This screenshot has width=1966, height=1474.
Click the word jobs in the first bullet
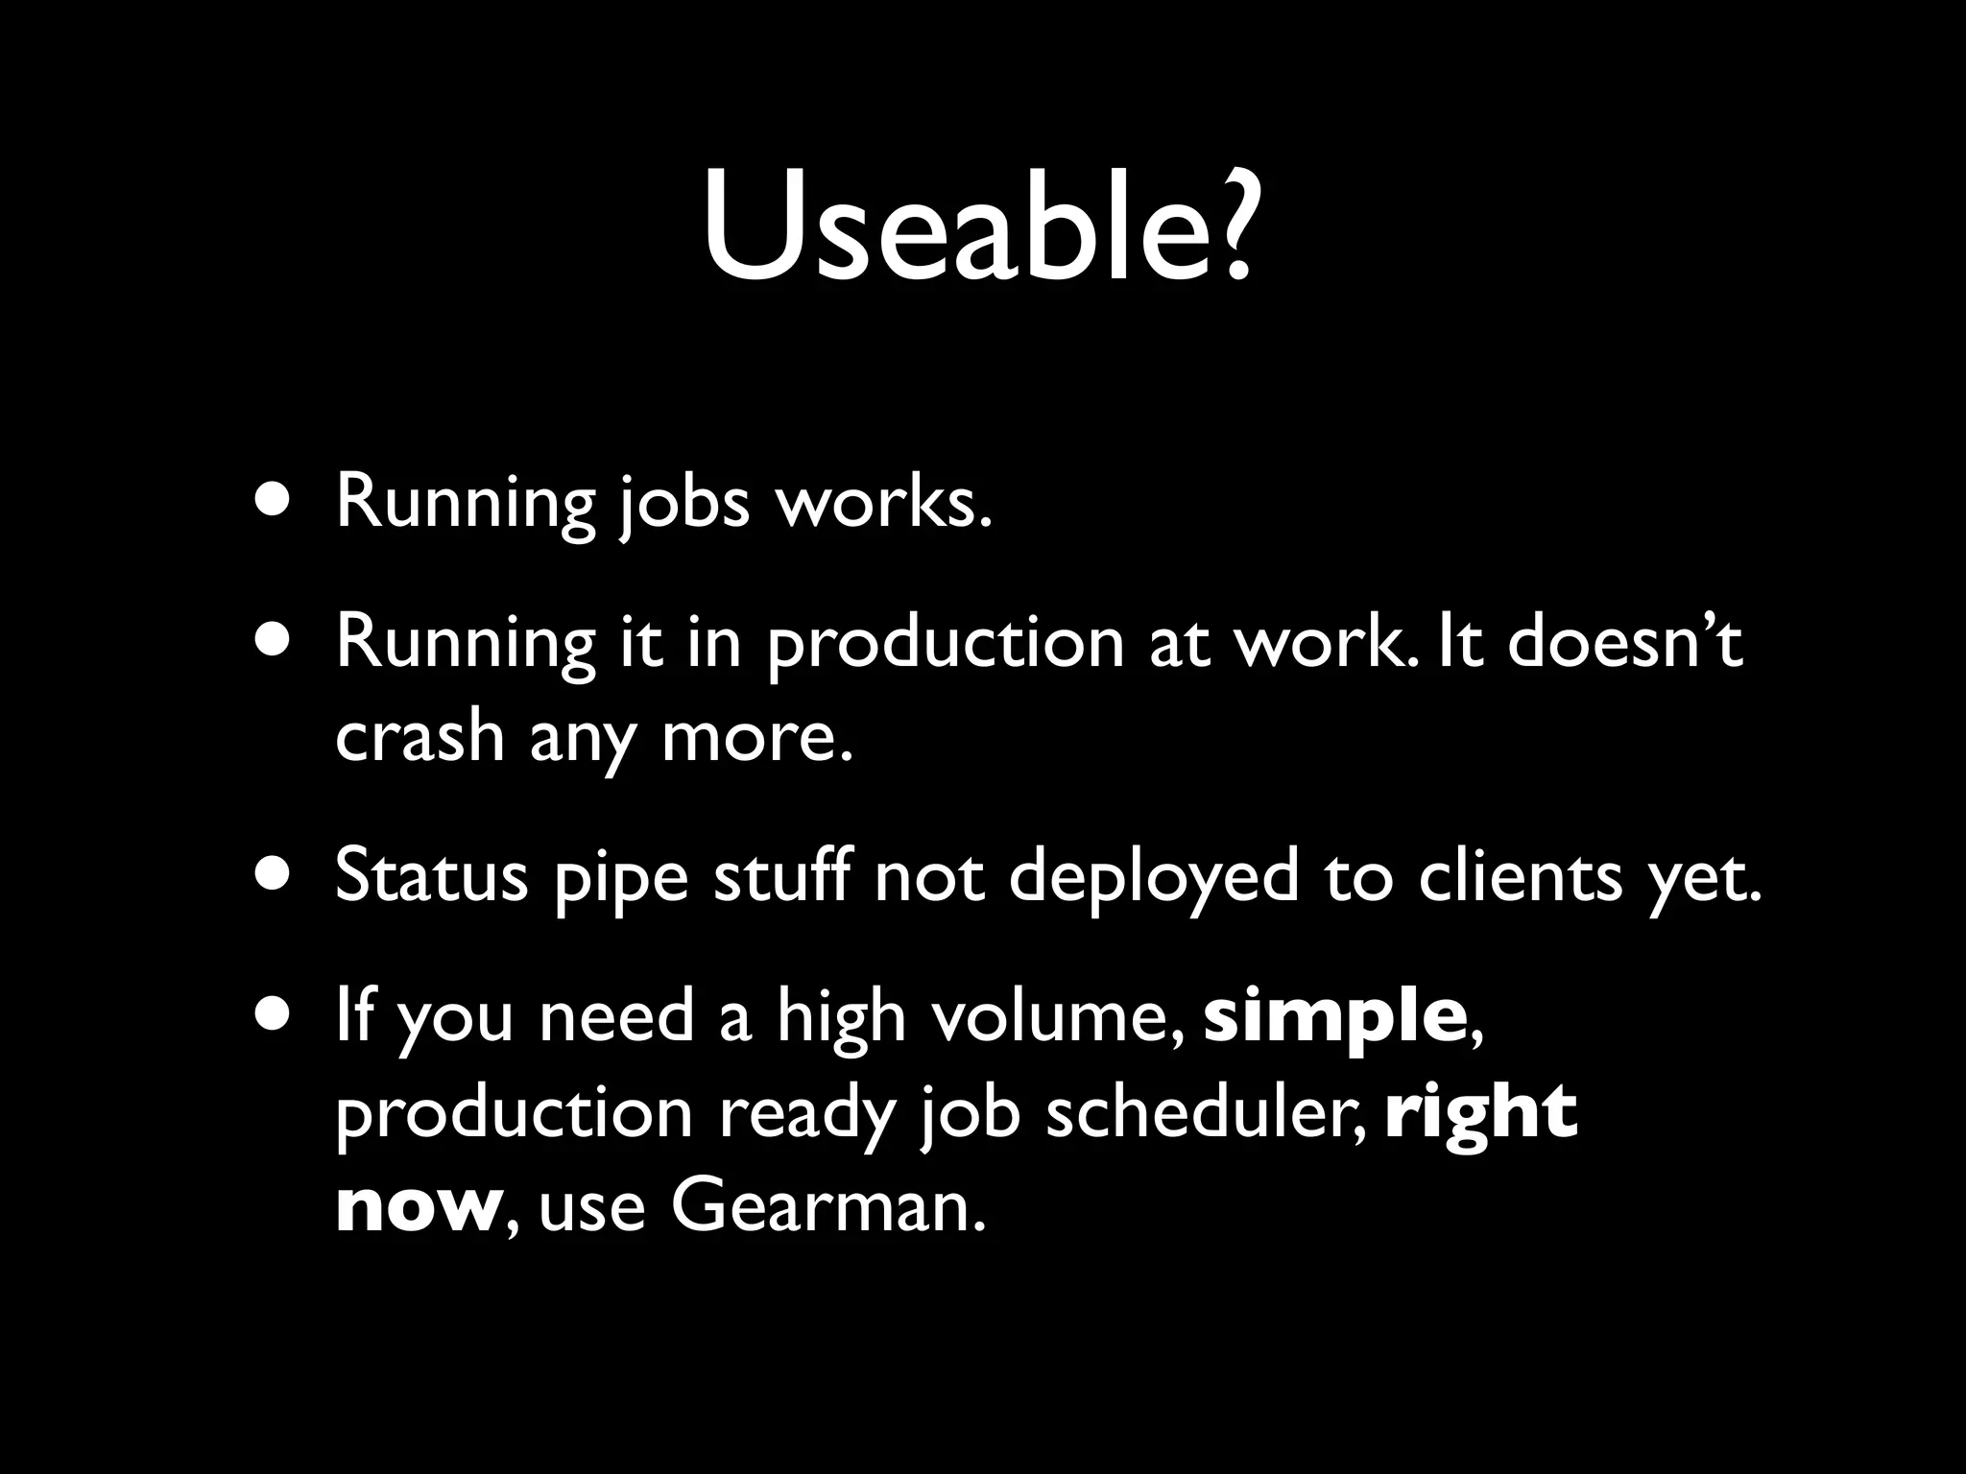[684, 504]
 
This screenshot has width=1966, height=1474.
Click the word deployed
[1153, 878]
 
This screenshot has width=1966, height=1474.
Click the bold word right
[1481, 1113]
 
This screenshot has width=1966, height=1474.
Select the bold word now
[415, 1209]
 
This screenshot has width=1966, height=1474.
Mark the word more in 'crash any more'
[756, 738]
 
